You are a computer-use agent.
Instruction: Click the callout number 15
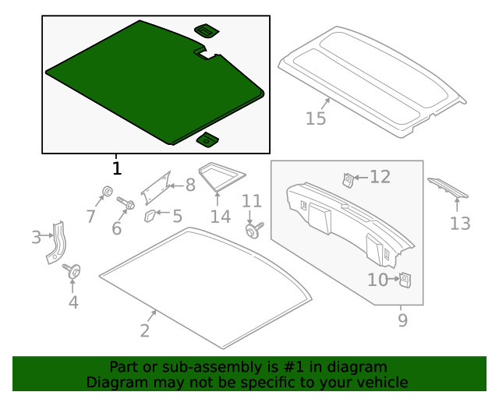pos(316,118)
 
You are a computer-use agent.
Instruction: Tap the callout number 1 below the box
pos(116,168)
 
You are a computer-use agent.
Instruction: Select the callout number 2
pos(144,330)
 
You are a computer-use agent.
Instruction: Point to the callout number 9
pos(402,320)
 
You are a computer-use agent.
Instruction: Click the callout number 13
pos(460,224)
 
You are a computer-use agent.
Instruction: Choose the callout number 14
pos(221,216)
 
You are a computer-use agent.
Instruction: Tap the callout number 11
pos(251,201)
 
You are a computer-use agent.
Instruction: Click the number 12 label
pos(380,177)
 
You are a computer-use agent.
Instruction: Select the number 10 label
pos(377,279)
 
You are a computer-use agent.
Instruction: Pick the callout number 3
pos(36,237)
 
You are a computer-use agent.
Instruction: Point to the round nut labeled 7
pos(106,192)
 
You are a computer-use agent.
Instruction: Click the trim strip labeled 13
pos(448,189)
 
